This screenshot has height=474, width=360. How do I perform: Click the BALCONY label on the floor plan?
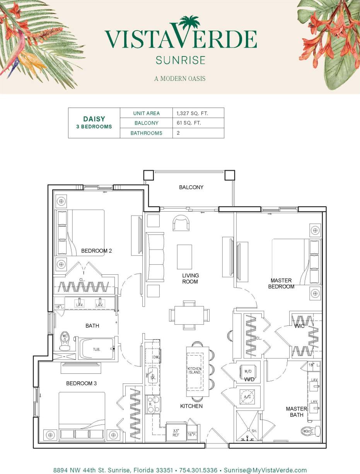tap(191, 187)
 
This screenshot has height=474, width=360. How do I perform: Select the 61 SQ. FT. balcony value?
tap(189, 123)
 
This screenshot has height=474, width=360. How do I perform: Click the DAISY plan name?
tap(94, 119)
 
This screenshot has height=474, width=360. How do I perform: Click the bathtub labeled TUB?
tap(96, 349)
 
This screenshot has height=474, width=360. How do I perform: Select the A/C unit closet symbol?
tap(248, 397)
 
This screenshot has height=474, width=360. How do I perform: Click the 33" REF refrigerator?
tap(176, 432)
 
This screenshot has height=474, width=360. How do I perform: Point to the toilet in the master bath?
tap(311, 430)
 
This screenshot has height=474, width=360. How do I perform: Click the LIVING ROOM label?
tap(190, 279)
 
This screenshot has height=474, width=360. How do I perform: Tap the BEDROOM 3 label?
tap(81, 383)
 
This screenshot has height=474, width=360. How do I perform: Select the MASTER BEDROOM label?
tap(282, 283)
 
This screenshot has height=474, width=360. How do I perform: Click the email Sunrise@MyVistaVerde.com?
tap(265, 471)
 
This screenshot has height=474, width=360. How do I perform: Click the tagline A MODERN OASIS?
tap(180, 79)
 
